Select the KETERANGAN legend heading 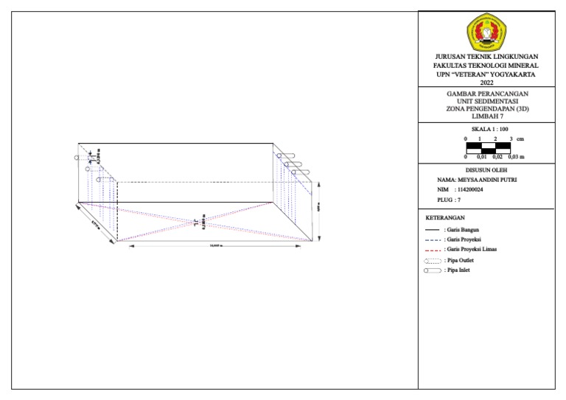point(445,218)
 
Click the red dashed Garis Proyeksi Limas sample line point(433,250)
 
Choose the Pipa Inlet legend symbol point(433,270)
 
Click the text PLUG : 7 point(449,200)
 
